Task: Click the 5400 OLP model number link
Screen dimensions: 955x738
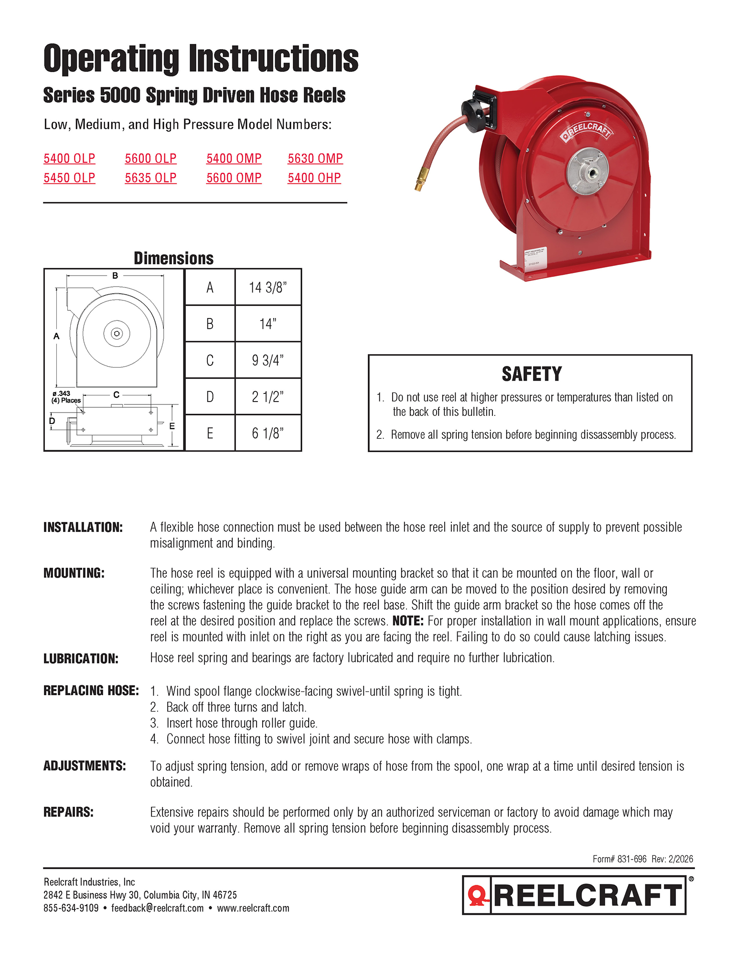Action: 69,159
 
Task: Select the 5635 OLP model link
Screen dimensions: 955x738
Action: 150,178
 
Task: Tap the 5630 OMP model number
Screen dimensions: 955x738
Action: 315,159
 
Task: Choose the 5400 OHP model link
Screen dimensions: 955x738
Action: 314,178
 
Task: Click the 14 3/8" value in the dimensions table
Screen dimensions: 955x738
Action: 267,287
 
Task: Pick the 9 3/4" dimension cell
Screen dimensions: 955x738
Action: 267,361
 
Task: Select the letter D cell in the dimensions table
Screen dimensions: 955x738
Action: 210,397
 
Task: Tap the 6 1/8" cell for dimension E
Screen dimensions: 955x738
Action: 267,434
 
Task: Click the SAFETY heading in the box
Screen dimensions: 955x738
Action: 532,374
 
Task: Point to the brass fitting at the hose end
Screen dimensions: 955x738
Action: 419,184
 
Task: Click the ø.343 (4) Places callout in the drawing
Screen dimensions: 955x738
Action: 65,397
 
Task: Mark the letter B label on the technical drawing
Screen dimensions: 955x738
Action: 115,276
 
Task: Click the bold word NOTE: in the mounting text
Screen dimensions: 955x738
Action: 408,621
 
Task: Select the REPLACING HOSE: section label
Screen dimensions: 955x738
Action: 91,691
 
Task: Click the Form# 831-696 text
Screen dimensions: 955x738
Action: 620,859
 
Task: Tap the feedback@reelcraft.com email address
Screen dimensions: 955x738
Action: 157,908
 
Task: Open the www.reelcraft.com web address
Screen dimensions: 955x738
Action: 253,908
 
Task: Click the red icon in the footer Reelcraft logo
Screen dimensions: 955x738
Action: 477,895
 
